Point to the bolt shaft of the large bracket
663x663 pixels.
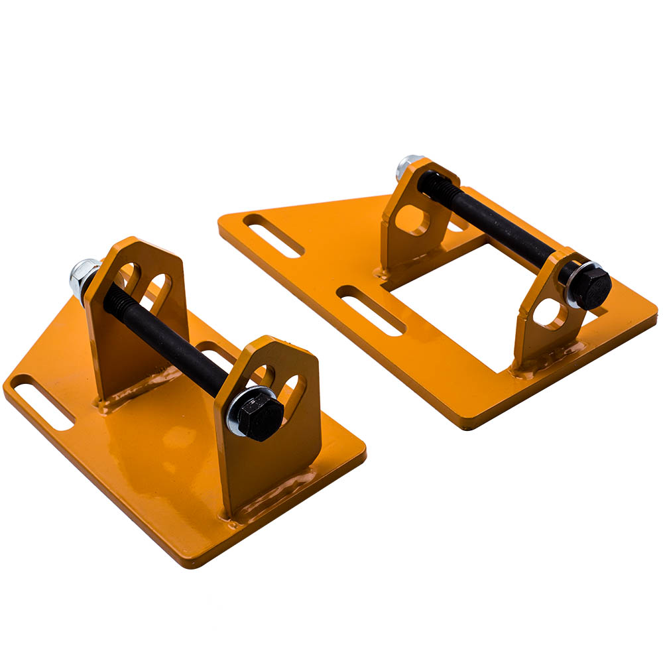click(504, 229)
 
